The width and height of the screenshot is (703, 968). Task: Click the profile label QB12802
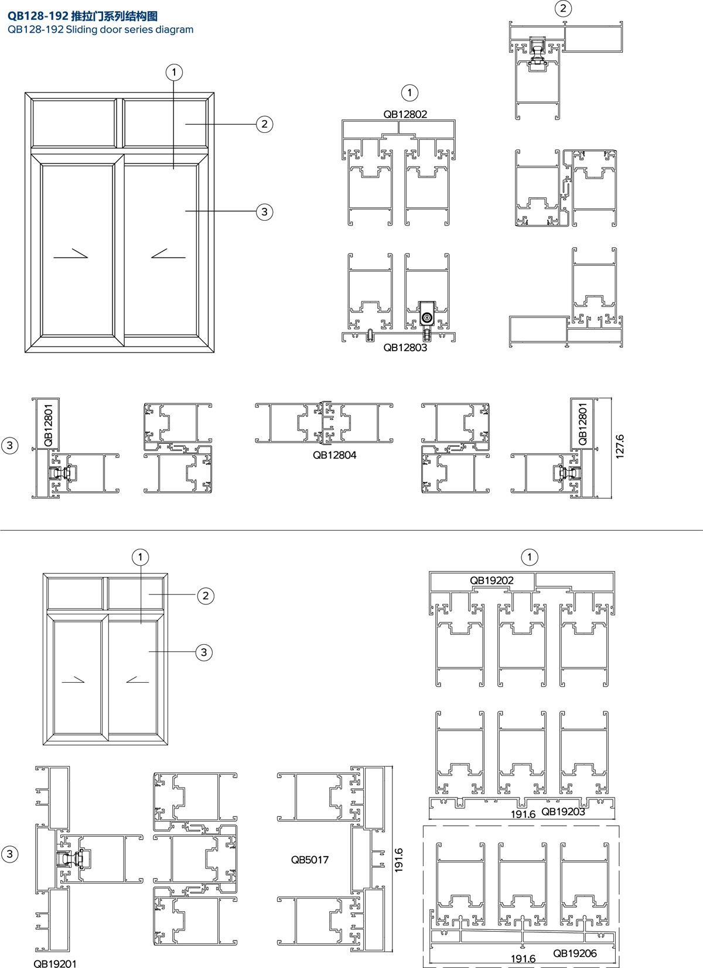405,114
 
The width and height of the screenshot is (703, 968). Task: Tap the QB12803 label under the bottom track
405,347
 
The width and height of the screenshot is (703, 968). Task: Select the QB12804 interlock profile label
335,455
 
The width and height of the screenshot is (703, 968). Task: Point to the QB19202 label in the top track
492,580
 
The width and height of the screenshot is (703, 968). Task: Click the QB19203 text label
563,812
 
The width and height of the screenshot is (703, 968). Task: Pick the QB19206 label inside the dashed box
575,953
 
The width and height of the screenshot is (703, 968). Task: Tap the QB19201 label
55,964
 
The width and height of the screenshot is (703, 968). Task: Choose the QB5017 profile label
309,860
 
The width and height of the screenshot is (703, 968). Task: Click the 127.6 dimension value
620,447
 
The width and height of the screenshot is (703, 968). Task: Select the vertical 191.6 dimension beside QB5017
398,860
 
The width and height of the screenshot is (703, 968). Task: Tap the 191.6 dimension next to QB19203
523,815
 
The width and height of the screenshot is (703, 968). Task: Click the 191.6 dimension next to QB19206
523,959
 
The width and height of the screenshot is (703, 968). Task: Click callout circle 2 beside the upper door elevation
265,125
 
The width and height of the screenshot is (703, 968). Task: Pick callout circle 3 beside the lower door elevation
204,652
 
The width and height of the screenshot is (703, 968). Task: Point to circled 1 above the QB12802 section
410,93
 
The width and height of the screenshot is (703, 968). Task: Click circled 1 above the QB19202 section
530,557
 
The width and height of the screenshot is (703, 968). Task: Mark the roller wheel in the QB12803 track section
428,319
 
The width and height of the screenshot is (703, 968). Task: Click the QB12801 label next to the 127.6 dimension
582,424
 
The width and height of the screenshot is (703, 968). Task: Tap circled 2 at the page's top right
563,9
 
